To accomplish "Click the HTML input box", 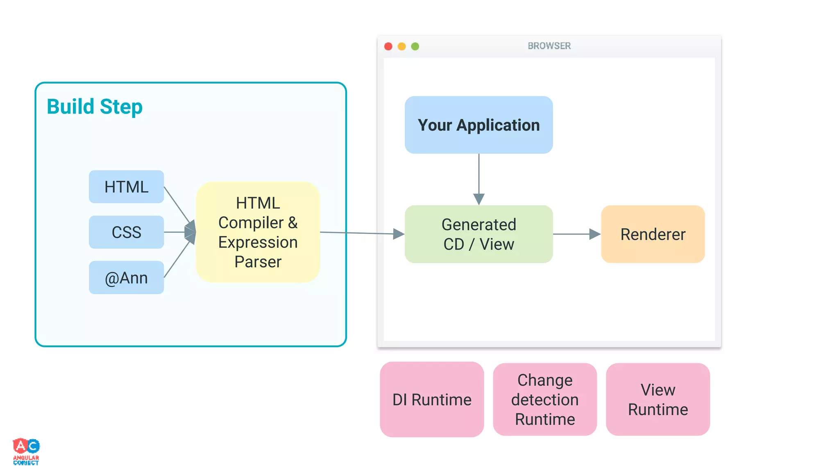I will pyautogui.click(x=126, y=187).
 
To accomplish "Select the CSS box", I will pyautogui.click(x=126, y=232).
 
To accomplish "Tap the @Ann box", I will pyautogui.click(x=126, y=278).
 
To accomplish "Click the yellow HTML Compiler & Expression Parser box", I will pyautogui.click(x=258, y=232).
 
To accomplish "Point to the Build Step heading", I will pyautogui.click(x=95, y=107).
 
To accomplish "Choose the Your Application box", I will pyautogui.click(x=478, y=125).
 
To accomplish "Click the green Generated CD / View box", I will pyautogui.click(x=478, y=234).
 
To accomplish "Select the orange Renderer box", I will pyautogui.click(x=653, y=234).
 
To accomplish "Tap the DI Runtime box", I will pyautogui.click(x=432, y=399).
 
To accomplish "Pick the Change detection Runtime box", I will pyautogui.click(x=545, y=399).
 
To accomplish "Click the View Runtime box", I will pyautogui.click(x=658, y=399).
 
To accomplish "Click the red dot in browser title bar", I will pyautogui.click(x=388, y=46).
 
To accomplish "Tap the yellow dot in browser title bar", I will pyautogui.click(x=402, y=46).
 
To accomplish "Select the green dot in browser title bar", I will pyautogui.click(x=415, y=46).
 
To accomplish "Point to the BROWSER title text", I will pyautogui.click(x=549, y=46).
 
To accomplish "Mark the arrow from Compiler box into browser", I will pyautogui.click(x=361, y=233).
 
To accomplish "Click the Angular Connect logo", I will pyautogui.click(x=26, y=452).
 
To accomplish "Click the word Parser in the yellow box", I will pyautogui.click(x=258, y=262).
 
